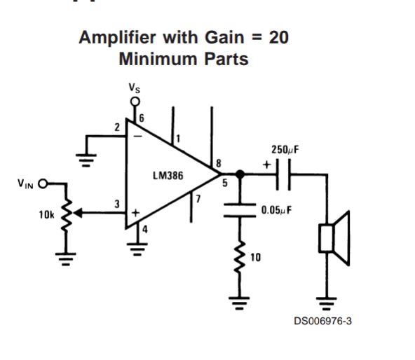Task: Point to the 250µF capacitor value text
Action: pyautogui.click(x=285, y=150)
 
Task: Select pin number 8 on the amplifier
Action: pyautogui.click(x=219, y=163)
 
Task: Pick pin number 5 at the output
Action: pyautogui.click(x=225, y=184)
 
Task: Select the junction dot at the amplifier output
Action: pyautogui.click(x=240, y=174)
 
